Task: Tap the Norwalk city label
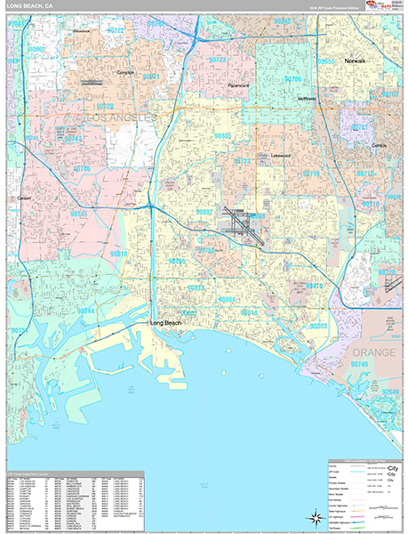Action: pos(356,61)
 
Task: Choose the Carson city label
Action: pos(25,198)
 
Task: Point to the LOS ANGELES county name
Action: pos(119,117)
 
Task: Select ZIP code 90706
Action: pos(294,79)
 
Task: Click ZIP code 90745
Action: pos(80,214)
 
